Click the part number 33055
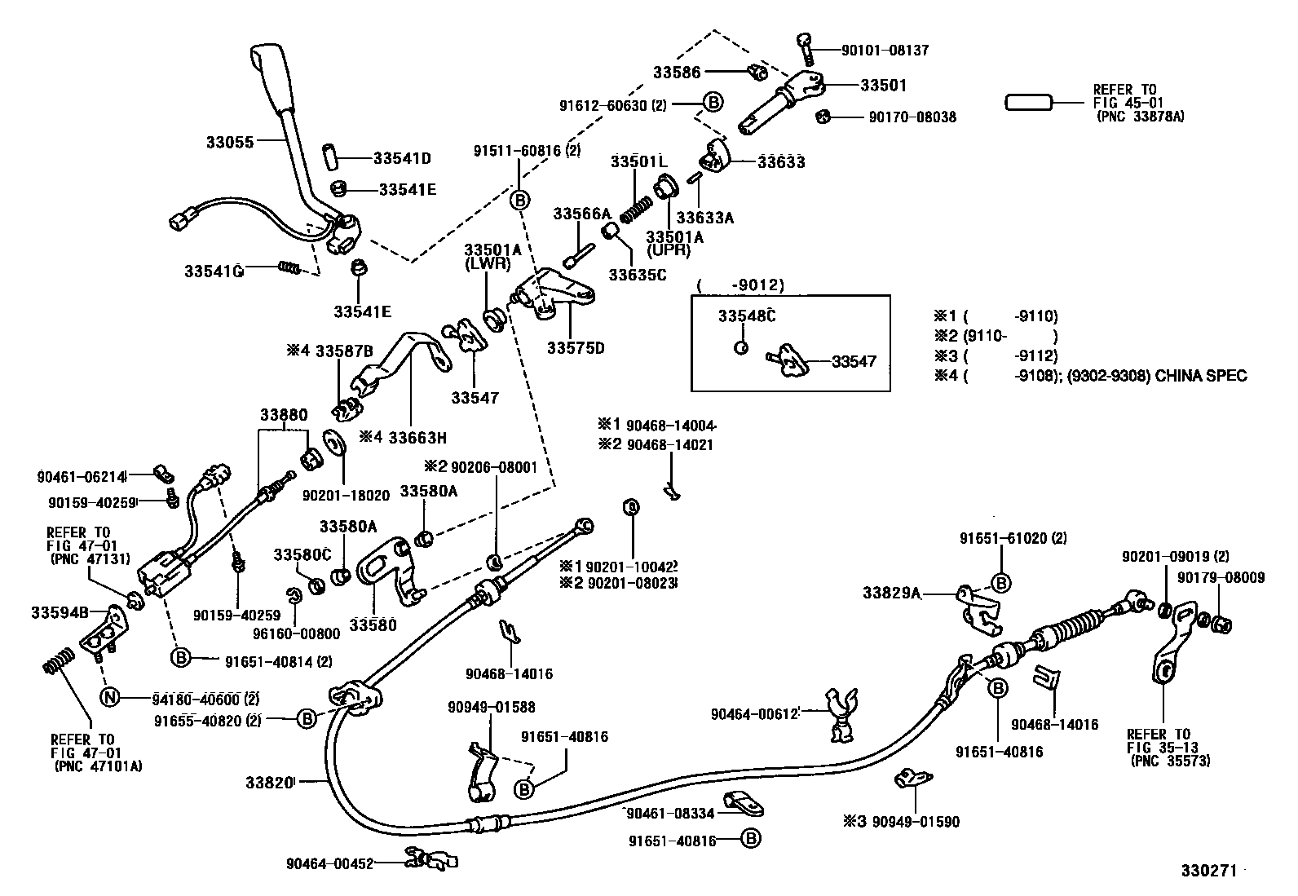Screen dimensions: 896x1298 point(230,141)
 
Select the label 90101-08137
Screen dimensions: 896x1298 point(885,50)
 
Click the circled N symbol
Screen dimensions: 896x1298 point(109,697)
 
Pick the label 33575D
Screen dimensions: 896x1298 point(576,348)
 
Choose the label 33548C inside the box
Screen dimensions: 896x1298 point(746,316)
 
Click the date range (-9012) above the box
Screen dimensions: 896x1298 point(741,285)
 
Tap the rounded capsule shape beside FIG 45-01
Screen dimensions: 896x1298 point(1029,103)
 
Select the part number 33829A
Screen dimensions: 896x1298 point(892,593)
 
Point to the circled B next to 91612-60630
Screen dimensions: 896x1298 point(713,102)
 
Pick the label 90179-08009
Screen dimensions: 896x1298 point(1221,577)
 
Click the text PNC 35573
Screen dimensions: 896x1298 point(1170,761)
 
